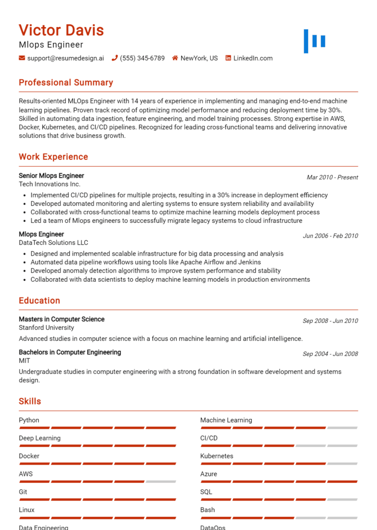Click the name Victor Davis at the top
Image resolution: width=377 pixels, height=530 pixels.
click(x=61, y=30)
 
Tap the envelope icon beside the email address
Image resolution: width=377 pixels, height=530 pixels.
click(x=22, y=58)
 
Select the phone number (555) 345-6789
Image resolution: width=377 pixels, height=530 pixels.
click(x=142, y=58)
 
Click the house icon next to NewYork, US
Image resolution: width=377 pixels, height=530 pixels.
click(x=175, y=58)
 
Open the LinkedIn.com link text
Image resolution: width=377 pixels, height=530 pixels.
click(x=253, y=58)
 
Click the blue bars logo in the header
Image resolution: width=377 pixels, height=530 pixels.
click(x=314, y=41)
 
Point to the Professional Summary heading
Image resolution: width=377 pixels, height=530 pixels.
click(x=66, y=83)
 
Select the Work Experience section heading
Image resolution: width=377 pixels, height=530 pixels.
click(x=54, y=157)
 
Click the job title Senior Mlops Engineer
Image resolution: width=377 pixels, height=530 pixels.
click(x=52, y=176)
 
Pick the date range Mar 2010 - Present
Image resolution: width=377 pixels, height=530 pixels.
click(x=332, y=177)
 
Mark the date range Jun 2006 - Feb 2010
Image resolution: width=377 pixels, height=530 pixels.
click(x=330, y=236)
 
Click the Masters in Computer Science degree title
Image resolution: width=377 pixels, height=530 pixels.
click(x=62, y=319)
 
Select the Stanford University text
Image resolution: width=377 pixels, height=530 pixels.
click(x=47, y=327)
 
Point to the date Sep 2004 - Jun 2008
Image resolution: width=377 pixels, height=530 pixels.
click(x=330, y=354)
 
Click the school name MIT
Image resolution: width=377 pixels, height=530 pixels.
click(x=25, y=360)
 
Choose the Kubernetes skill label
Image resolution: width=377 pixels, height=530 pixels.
click(x=217, y=456)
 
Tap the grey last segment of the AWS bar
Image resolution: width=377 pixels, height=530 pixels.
click(x=161, y=481)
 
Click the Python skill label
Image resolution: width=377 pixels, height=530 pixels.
click(x=29, y=420)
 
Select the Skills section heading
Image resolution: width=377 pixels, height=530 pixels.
click(x=30, y=401)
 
